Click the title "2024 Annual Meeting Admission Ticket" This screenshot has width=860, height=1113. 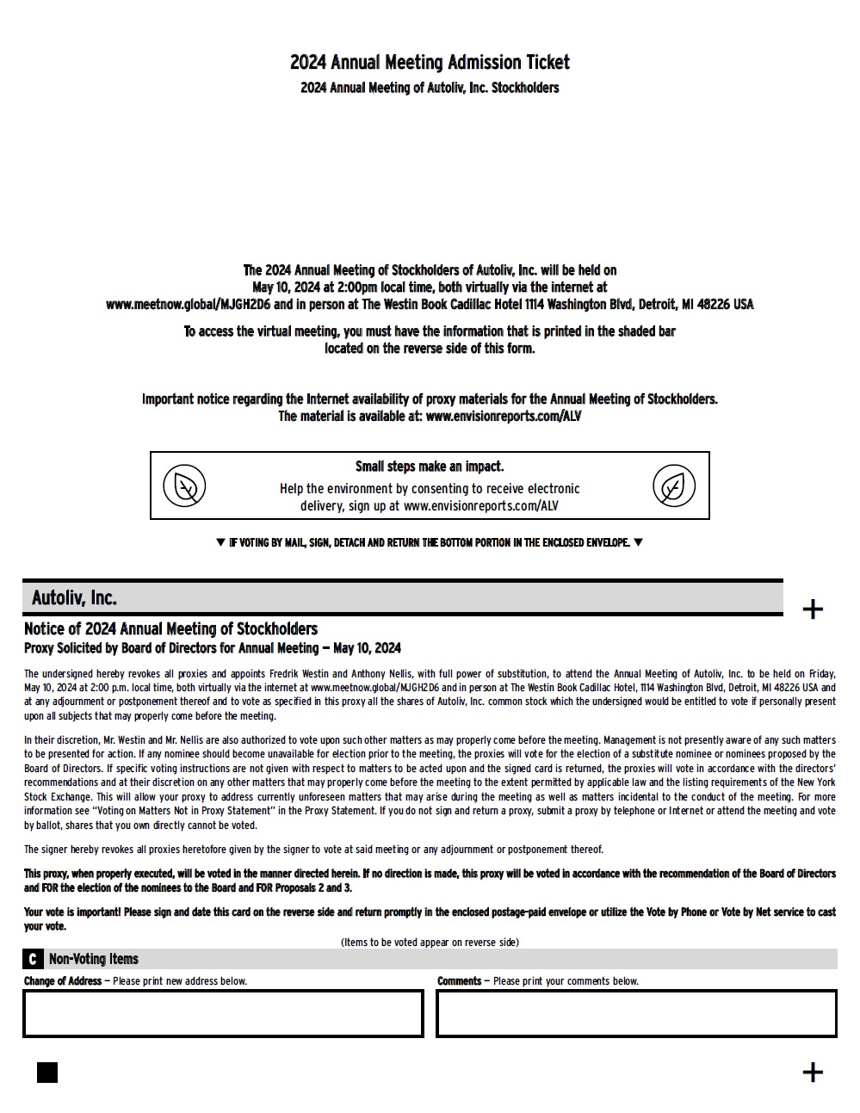pos(430,63)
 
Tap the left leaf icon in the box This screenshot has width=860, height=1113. pos(184,486)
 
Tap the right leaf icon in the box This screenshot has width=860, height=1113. pos(674,486)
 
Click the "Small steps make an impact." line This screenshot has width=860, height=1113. pos(430,467)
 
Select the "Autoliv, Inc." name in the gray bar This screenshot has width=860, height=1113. pos(74,598)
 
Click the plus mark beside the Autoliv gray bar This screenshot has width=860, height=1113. pos(812,609)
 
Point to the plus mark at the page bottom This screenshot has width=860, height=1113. pos(812,1072)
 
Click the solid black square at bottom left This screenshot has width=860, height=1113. pos(47,1072)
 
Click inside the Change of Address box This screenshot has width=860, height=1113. pos(223,1014)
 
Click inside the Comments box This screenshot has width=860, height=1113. pos(636,1014)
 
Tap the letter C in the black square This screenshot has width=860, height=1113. pos(33,959)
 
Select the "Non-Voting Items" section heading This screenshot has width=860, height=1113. pos(93,959)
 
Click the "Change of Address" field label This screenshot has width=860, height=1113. pos(63,981)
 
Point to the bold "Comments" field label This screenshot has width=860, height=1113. pos(459,981)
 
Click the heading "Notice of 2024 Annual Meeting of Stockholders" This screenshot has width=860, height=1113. pos(170,629)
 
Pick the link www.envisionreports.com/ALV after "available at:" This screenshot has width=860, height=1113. pos(504,417)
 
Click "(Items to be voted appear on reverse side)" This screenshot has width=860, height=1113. pos(430,943)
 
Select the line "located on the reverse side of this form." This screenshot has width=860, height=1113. pos(430,349)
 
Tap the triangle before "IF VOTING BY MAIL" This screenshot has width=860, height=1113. pos(220,543)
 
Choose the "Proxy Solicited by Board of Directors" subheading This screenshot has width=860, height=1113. pos(212,648)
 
